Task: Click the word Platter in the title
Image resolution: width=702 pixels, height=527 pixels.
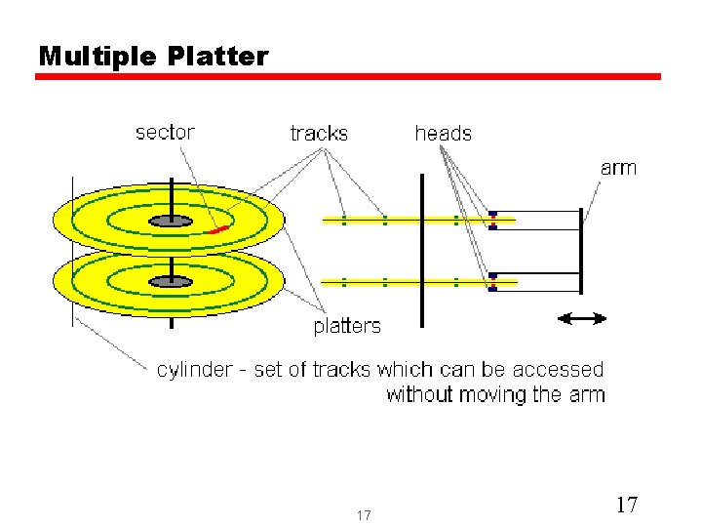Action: [x=217, y=57]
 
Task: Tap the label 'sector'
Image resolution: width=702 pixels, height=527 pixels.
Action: [x=165, y=132]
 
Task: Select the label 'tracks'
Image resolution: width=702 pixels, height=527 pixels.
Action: [x=319, y=134]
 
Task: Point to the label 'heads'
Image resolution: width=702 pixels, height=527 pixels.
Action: [x=443, y=134]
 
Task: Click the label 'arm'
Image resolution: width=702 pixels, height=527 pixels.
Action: [x=618, y=168]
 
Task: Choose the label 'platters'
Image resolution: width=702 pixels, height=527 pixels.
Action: [x=347, y=326]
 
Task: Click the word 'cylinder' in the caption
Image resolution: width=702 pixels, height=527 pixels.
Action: [x=195, y=370]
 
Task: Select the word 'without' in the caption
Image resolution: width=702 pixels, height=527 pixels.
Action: [x=421, y=395]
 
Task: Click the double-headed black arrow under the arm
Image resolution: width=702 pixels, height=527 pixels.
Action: [x=581, y=318]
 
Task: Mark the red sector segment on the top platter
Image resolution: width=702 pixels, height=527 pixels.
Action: [x=219, y=229]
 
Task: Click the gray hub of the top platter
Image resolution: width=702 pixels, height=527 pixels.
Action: [x=172, y=222]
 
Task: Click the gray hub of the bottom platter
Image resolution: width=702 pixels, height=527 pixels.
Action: [x=172, y=282]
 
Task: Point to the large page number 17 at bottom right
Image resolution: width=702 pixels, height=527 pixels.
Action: [x=627, y=505]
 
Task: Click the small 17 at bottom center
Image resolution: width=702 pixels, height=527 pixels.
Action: [x=364, y=515]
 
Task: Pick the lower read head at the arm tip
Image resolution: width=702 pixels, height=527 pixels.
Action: [x=492, y=282]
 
